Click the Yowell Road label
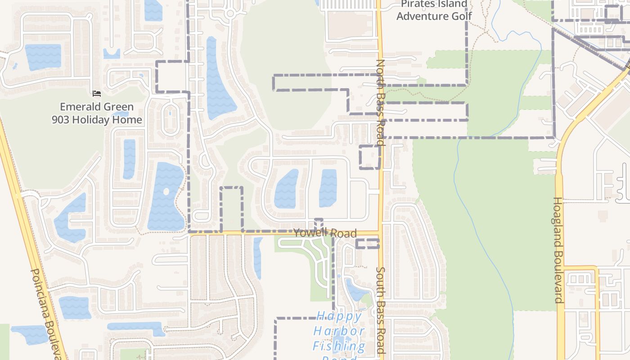325,233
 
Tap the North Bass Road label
381,103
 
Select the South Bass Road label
381,310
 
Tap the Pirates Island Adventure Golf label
434,10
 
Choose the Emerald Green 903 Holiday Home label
97,113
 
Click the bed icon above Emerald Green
97,94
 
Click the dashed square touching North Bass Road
369,157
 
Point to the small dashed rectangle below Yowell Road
367,244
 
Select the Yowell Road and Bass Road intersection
380,233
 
